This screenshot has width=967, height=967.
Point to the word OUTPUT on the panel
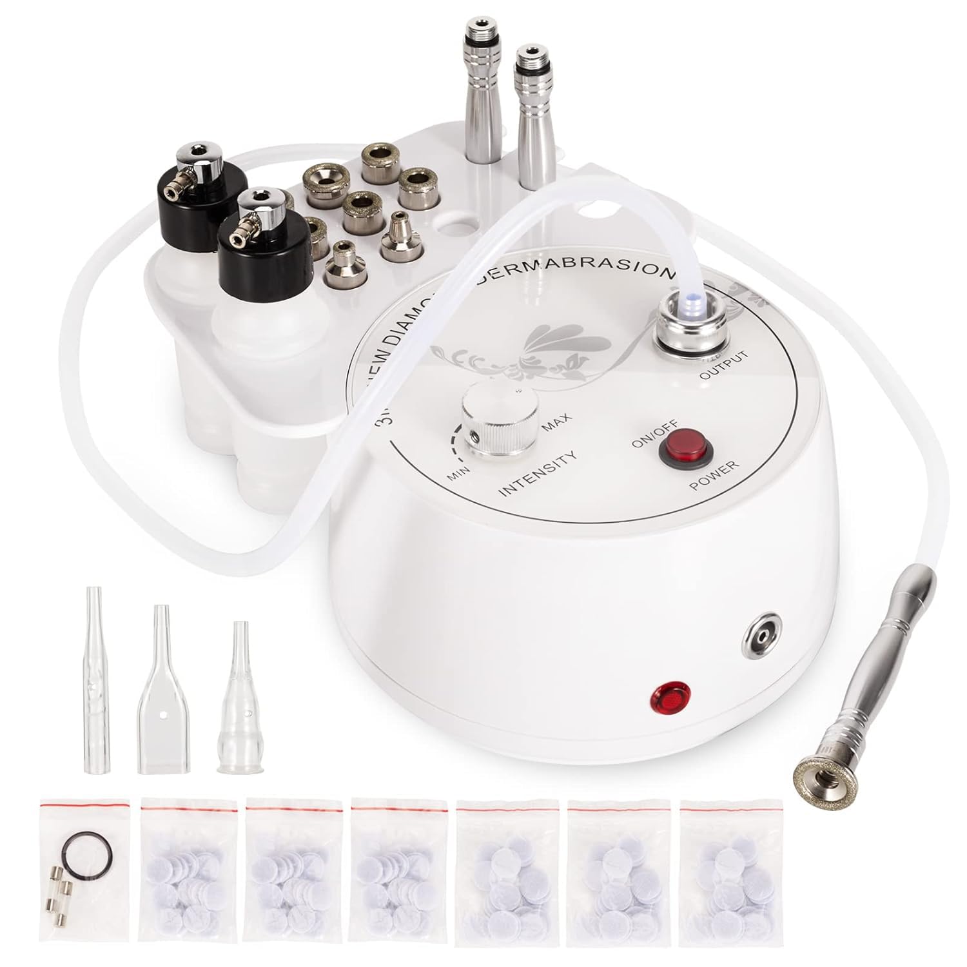point(726,366)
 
